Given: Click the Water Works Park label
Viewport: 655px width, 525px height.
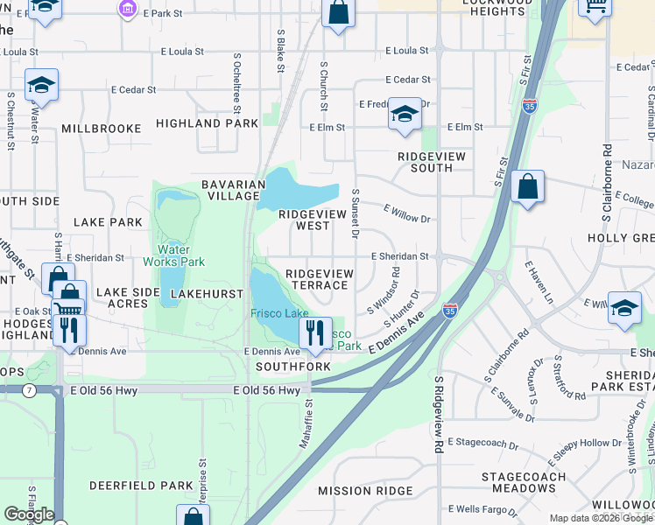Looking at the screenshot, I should click(173, 255).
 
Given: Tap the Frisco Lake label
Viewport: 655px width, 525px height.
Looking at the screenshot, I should click(279, 313).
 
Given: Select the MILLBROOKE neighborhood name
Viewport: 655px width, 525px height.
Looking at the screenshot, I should click(102, 129).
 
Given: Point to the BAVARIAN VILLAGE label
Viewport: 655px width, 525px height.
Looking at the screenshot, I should click(233, 190).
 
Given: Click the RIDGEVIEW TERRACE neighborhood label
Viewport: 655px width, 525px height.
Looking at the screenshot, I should click(320, 280).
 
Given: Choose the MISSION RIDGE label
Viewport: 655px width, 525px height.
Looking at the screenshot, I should click(364, 492).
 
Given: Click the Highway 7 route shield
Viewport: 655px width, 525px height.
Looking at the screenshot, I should click(30, 389).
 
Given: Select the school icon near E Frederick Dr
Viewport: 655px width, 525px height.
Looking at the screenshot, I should click(404, 115).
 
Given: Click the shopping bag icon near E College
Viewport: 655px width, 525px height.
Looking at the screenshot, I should click(527, 187).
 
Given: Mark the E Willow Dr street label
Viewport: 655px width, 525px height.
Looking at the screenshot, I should click(407, 213).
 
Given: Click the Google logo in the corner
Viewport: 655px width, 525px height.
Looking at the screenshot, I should click(29, 514).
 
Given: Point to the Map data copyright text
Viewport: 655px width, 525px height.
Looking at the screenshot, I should click(601, 518).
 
